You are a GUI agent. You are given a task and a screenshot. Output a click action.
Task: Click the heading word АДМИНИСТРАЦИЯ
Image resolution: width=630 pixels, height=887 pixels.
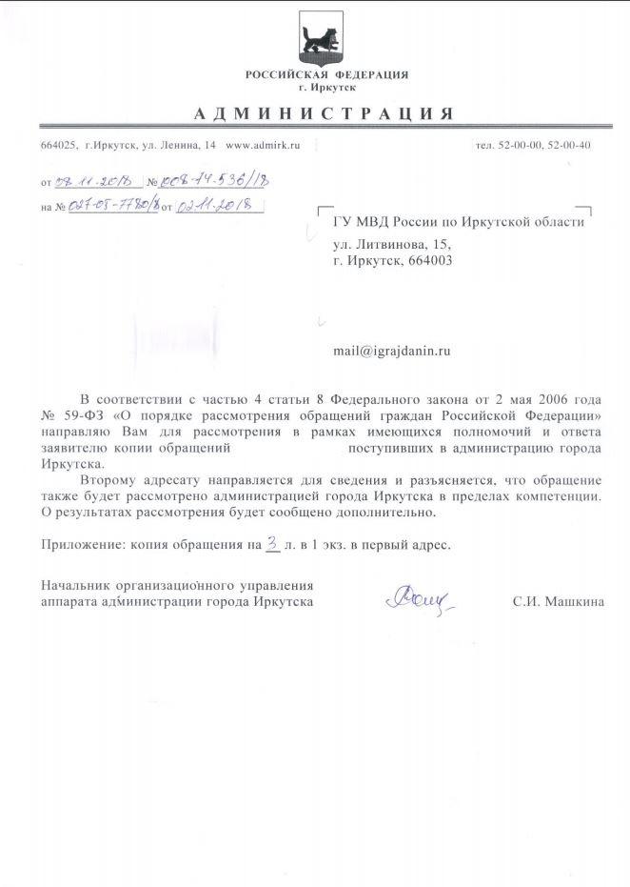coord(323,113)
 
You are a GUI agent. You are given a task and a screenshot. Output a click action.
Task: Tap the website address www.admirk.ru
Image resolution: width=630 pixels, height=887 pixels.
coord(263,145)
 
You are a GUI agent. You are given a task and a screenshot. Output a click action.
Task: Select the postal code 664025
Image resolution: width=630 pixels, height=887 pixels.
coord(58,145)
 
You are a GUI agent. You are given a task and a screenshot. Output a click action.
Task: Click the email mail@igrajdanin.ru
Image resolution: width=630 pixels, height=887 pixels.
coord(391,350)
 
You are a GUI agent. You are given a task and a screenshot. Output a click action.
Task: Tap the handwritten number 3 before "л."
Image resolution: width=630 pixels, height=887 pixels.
coord(272,543)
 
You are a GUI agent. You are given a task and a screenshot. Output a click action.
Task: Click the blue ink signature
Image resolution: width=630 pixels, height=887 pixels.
coord(419,598)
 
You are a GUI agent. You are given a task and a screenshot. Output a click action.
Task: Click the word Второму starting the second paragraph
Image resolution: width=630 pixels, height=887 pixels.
coord(110,479)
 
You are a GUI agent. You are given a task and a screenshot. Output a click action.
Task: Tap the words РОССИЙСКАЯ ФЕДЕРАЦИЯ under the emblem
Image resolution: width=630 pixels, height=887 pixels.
coord(325,74)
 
